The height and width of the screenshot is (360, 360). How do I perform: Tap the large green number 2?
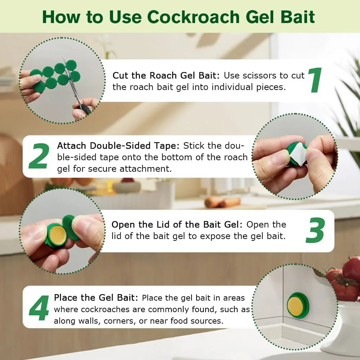(39, 156)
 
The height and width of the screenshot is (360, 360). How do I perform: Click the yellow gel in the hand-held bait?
(57, 234)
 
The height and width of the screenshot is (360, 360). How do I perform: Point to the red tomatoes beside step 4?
(344, 277)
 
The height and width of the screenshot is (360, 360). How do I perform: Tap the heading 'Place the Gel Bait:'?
(96, 298)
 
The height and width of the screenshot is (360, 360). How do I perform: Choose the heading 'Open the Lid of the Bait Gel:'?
(177, 224)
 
